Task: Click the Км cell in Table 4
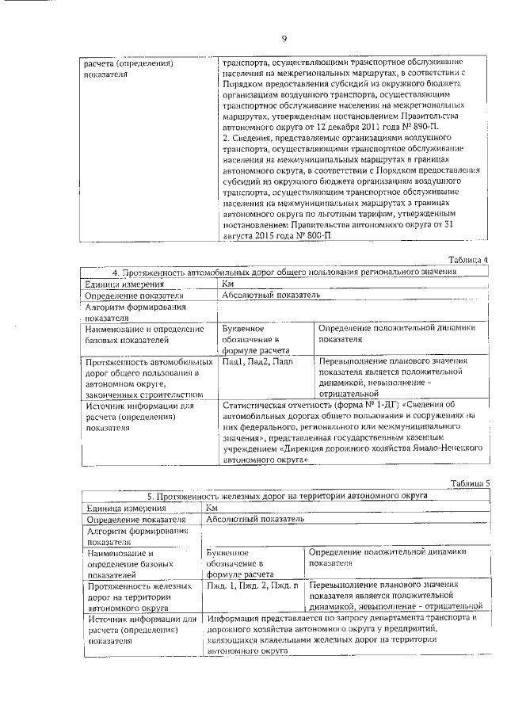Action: click(228, 284)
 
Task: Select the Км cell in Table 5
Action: click(212, 507)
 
